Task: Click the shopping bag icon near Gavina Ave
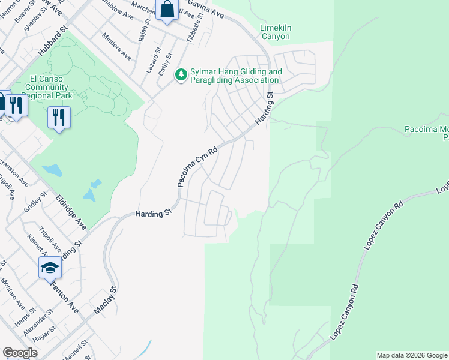tap(167, 10)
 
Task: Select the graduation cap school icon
tap(50, 268)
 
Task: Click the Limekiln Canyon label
tap(275, 32)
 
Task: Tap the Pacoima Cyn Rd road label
tap(196, 168)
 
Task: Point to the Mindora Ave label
tap(116, 46)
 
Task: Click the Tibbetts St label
tap(197, 24)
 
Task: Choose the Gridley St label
tap(35, 205)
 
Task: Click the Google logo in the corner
tap(20, 353)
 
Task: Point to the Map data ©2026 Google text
tap(412, 355)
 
